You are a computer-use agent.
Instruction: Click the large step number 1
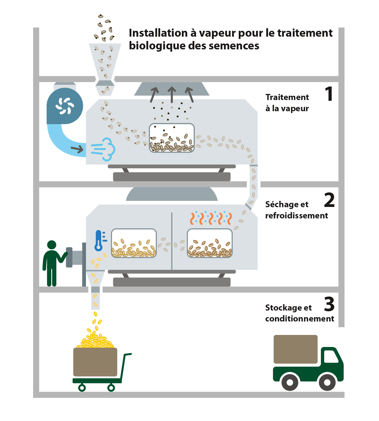[x=329, y=94]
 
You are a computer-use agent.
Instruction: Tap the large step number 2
[x=329, y=200]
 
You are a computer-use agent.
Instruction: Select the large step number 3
[x=329, y=304]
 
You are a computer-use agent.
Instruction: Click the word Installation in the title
[x=158, y=33]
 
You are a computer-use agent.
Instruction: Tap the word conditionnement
[x=299, y=319]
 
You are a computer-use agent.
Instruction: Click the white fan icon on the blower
[x=65, y=106]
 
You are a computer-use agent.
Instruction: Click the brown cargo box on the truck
[x=295, y=349]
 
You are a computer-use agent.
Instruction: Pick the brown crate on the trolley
[x=95, y=362]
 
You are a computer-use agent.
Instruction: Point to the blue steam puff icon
[x=103, y=149]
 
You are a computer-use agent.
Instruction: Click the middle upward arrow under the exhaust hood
[x=172, y=94]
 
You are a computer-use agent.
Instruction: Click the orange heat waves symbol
[x=211, y=219]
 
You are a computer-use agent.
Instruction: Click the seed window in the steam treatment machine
[x=172, y=138]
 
